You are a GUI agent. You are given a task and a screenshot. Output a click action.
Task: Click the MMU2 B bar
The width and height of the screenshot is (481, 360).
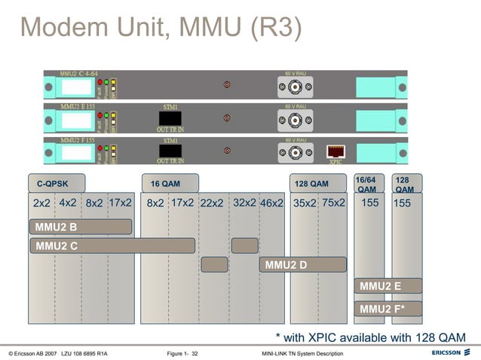tap(81, 227)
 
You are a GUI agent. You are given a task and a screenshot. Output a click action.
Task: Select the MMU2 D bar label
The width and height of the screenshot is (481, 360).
tap(286, 264)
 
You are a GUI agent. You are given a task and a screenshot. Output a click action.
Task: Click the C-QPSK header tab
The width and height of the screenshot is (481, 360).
tap(57, 183)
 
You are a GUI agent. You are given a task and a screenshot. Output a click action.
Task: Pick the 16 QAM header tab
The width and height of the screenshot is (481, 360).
tap(170, 183)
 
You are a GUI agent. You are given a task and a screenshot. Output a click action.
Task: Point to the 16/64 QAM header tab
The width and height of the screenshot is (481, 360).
tap(369, 184)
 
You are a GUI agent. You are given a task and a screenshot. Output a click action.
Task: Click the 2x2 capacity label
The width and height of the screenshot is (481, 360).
tap(41, 203)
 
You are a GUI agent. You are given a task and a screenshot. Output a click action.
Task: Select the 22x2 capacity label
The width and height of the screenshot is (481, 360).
tap(212, 203)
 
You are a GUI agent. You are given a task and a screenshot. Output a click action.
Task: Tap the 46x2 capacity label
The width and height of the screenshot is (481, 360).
tap(271, 203)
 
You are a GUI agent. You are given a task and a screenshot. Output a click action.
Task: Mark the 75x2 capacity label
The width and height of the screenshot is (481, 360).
tap(333, 203)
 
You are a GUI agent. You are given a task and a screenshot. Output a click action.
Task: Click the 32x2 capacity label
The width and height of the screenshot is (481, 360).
tap(244, 203)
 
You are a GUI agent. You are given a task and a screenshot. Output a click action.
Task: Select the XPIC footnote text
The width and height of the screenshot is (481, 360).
tap(370, 337)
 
